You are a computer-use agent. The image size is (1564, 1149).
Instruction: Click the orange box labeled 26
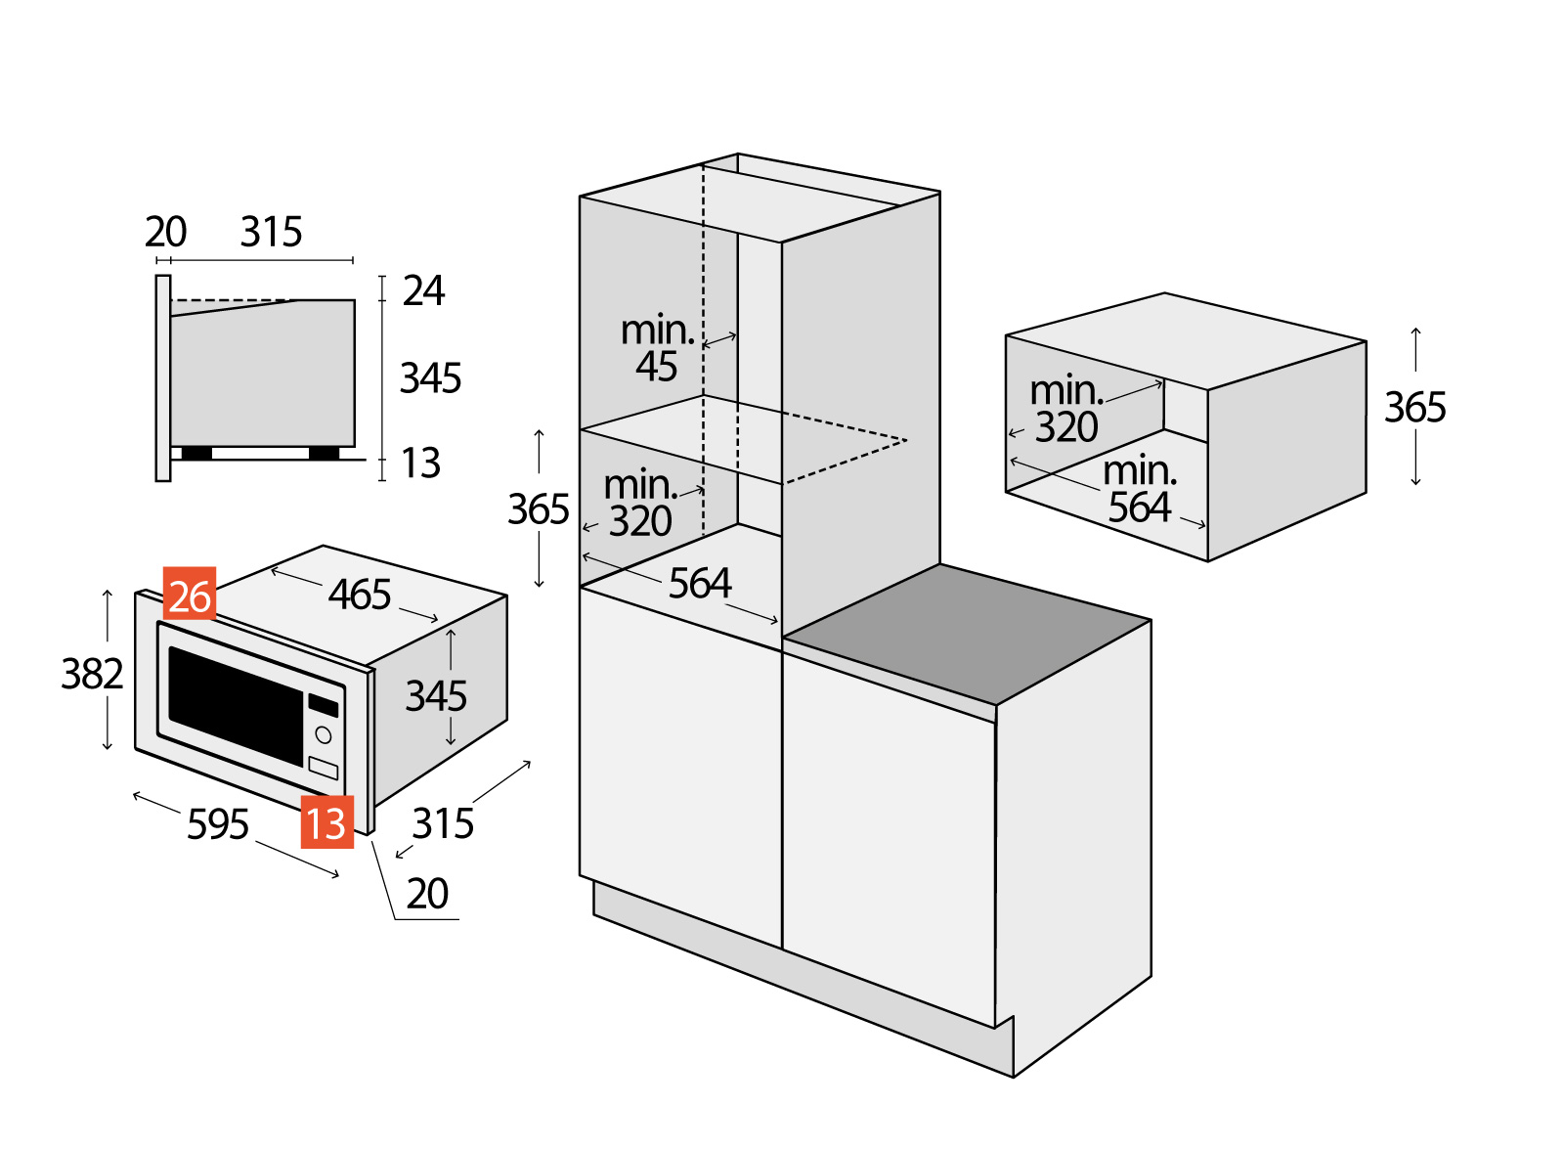[x=190, y=594]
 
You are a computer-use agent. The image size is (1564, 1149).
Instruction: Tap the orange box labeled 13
[x=326, y=821]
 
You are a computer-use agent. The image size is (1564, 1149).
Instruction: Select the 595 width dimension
[x=218, y=824]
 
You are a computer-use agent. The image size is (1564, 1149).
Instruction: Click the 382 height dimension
[x=92, y=674]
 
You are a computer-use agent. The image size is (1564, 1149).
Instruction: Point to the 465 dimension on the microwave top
[x=360, y=595]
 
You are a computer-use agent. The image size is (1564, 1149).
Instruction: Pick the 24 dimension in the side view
[x=423, y=291]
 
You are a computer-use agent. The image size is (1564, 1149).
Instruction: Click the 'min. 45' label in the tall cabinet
[x=658, y=348]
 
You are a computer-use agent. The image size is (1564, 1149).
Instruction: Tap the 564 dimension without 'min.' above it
[x=700, y=584]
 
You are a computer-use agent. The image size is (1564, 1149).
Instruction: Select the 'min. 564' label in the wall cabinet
[x=1140, y=489]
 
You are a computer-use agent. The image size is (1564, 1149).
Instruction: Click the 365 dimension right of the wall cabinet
[x=1414, y=408]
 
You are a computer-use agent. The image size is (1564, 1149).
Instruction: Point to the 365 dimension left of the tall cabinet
[x=538, y=509]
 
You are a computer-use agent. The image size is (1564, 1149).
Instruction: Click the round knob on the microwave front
[x=324, y=735]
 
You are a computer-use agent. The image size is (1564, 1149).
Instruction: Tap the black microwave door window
[x=236, y=703]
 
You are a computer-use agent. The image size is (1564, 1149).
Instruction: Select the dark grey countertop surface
[x=967, y=634]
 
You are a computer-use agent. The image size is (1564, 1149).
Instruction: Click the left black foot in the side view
[x=196, y=453]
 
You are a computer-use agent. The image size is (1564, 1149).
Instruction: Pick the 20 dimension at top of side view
[x=165, y=233]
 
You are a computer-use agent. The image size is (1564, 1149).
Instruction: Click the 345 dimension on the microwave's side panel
[x=436, y=696]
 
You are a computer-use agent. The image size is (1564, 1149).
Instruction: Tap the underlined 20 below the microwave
[x=427, y=894]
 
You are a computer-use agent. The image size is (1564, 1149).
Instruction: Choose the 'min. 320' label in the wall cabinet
[x=1066, y=409]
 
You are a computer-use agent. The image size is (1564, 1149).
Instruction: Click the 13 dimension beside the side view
[x=421, y=464]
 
